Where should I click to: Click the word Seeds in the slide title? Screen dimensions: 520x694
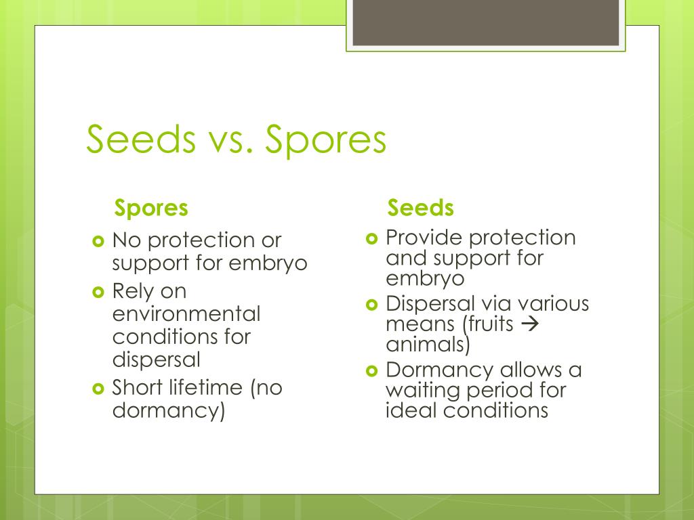(x=139, y=140)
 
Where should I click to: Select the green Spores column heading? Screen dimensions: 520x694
(x=151, y=208)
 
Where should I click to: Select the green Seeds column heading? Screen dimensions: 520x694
(x=420, y=208)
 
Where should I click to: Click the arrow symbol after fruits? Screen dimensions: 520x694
(x=530, y=324)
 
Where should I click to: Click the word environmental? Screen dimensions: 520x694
(x=186, y=314)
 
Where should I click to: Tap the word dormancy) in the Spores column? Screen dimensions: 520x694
(x=168, y=410)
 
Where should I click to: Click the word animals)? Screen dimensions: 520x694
(x=428, y=345)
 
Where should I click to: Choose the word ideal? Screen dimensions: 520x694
(x=413, y=410)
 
